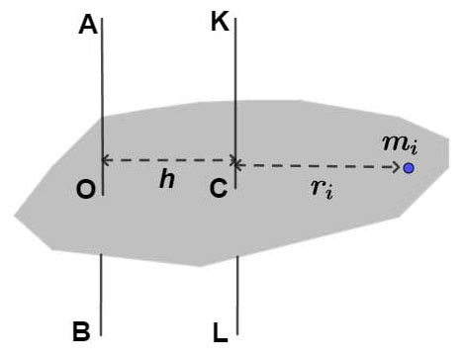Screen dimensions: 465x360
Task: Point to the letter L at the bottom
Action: click(x=220, y=329)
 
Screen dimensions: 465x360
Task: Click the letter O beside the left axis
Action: click(x=86, y=191)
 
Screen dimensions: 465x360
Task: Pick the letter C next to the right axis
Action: click(x=220, y=191)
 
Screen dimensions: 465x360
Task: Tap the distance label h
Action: click(x=168, y=179)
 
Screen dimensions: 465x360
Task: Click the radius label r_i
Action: click(x=323, y=188)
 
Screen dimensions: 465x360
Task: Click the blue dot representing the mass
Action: click(x=408, y=168)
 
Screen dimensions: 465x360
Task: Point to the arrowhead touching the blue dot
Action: click(x=396, y=168)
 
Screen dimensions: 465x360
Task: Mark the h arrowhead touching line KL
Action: click(x=229, y=159)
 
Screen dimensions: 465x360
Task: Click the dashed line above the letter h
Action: click(x=168, y=159)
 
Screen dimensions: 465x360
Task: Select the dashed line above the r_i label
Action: click(x=322, y=167)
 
